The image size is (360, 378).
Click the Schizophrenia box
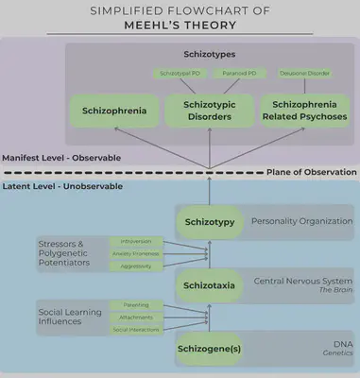pos(114,112)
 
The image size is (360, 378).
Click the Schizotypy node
pos(209,222)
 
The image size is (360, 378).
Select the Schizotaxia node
pos(209,283)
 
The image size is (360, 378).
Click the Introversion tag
pos(136,241)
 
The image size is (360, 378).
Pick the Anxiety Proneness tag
pos(136,254)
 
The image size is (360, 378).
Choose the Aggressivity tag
pos(136,267)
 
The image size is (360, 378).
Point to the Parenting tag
pos(136,304)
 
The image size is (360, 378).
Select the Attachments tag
pos(136,317)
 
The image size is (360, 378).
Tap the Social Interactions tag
pos(136,330)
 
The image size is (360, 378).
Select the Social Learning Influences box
pos(71,317)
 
